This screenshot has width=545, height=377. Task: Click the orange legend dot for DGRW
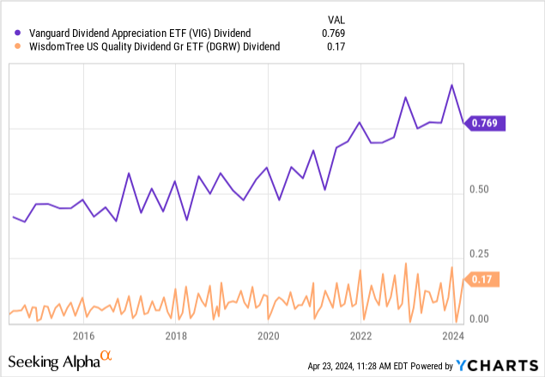click(x=9, y=46)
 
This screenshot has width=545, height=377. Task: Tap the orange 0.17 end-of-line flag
click(x=484, y=279)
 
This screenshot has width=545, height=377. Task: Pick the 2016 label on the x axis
click(x=83, y=335)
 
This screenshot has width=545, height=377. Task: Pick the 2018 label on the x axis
click(x=176, y=335)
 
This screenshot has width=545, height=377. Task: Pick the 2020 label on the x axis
click(x=269, y=335)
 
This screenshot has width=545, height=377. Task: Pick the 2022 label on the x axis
click(x=361, y=335)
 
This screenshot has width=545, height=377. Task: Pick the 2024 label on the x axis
click(x=454, y=335)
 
